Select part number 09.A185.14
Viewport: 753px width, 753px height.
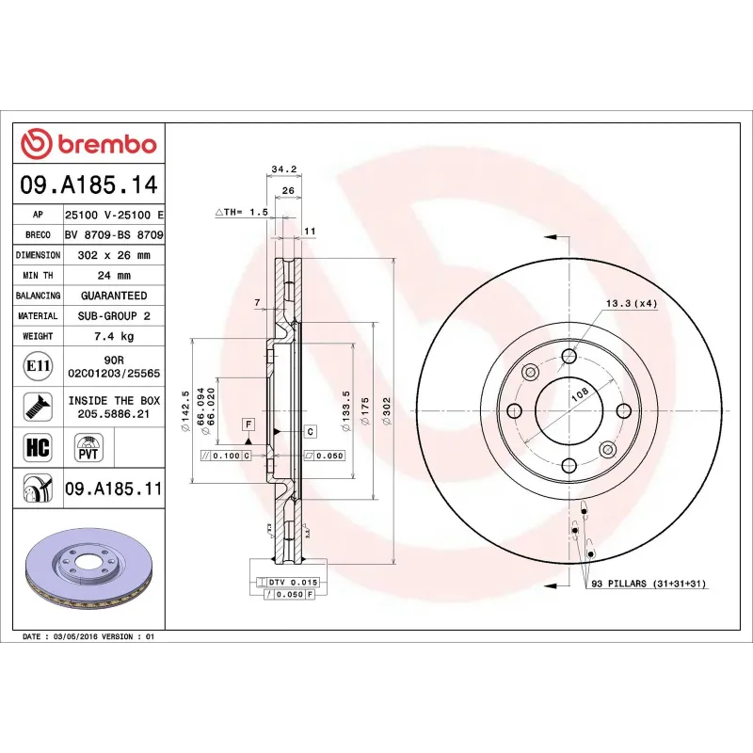point(90,184)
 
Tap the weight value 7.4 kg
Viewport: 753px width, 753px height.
point(114,336)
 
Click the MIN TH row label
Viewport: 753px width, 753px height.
point(39,276)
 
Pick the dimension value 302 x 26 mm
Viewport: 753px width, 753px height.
point(114,255)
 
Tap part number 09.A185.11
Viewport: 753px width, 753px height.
point(114,489)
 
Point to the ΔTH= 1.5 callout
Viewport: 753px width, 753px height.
point(242,214)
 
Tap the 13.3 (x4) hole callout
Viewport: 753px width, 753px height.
point(631,303)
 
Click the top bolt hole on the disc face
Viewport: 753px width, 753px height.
point(569,356)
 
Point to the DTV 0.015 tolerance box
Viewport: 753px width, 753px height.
point(293,583)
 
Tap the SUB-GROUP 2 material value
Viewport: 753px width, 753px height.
point(114,316)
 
